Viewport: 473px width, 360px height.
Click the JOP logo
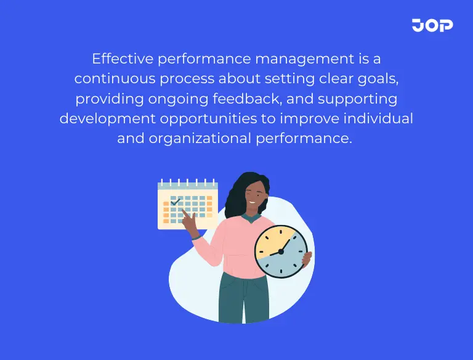[432, 25]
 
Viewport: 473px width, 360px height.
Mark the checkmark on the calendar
[176, 200]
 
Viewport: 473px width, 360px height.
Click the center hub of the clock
[280, 251]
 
